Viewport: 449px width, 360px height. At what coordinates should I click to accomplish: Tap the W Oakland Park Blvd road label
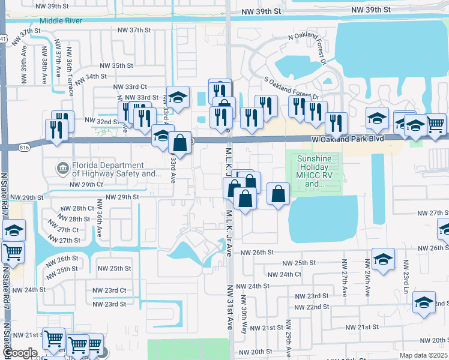pos(348,139)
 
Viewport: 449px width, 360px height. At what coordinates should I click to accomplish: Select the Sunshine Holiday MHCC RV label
pos(318,171)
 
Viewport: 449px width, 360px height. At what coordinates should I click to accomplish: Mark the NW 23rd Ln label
pos(406,275)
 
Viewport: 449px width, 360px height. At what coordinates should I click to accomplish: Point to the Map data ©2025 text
pos(423,355)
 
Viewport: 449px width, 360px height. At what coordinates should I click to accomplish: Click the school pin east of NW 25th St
pos(383,259)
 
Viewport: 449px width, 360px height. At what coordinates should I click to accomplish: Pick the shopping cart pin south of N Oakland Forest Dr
pos(435,124)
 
